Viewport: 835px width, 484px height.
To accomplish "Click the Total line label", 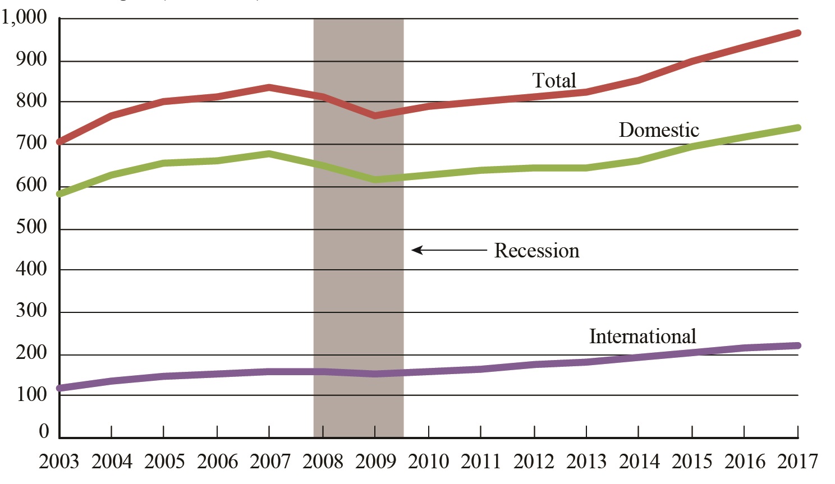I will click(x=554, y=81).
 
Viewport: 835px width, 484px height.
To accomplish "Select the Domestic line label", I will click(x=659, y=130).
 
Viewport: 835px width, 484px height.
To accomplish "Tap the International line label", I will click(x=643, y=337).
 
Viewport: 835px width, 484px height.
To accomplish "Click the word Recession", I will click(x=536, y=251).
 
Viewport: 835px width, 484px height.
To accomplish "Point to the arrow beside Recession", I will click(x=448, y=250).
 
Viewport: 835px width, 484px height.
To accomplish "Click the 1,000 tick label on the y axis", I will click(x=24, y=17).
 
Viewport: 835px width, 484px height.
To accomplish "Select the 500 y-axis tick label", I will click(x=31, y=227).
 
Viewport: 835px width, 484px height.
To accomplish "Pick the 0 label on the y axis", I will click(x=44, y=431).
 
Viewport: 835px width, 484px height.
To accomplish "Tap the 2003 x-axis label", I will click(x=59, y=462).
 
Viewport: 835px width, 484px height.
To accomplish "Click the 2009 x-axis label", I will click(x=375, y=462).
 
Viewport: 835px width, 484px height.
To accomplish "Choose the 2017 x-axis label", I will click(x=797, y=462).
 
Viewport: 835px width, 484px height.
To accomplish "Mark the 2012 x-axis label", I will click(x=534, y=462).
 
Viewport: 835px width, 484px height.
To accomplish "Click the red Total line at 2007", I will click(x=269, y=87).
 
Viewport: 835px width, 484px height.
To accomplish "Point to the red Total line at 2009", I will click(x=375, y=116).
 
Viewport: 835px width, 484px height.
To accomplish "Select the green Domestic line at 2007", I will click(x=269, y=153).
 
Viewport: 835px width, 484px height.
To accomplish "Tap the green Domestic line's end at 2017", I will click(x=797, y=128).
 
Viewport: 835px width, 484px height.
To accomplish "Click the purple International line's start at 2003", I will click(x=59, y=388).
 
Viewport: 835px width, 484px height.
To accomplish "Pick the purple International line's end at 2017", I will click(x=797, y=345).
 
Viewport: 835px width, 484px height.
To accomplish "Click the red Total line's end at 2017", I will click(x=797, y=33).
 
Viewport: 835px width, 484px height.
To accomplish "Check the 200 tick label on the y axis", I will click(x=31, y=353).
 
